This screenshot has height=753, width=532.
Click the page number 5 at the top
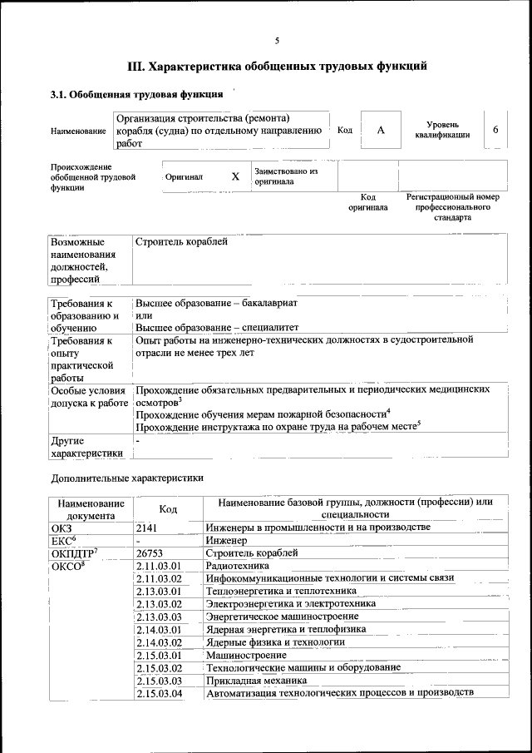click(x=277, y=41)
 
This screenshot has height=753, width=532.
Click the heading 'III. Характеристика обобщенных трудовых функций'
click(x=277, y=66)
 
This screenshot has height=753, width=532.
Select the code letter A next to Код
click(x=381, y=131)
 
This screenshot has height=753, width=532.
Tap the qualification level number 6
click(x=495, y=131)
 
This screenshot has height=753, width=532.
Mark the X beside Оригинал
click(x=235, y=176)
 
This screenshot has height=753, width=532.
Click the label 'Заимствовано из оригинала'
click(x=286, y=176)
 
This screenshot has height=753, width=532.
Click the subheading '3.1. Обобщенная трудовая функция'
click(x=135, y=94)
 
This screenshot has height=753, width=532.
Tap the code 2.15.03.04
click(x=159, y=693)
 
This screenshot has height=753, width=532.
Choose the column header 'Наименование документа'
click(x=91, y=508)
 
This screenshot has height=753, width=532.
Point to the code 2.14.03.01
click(x=159, y=629)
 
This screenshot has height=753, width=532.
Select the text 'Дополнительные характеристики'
click(x=127, y=478)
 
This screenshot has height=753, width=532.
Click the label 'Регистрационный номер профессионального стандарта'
click(x=452, y=207)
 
